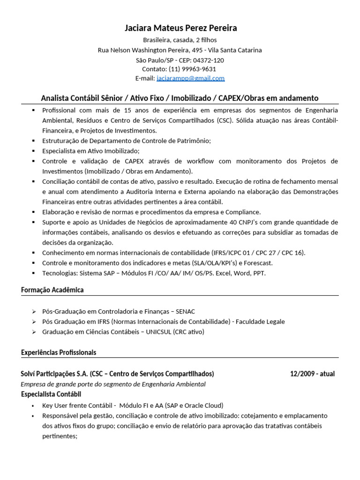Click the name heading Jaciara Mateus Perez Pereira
pyautogui.click(x=180, y=28)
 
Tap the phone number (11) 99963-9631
pyautogui.click(x=192, y=69)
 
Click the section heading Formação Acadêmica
pyautogui.click(x=52, y=290)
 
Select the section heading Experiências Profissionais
pyautogui.click(x=59, y=352)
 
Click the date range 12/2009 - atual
pyautogui.click(x=312, y=374)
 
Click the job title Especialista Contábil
pyautogui.click(x=51, y=394)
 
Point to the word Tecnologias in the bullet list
pyautogui.click(x=59, y=273)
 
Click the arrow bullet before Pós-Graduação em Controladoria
pyautogui.click(x=34, y=312)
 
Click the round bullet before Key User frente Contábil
pyautogui.click(x=33, y=405)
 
